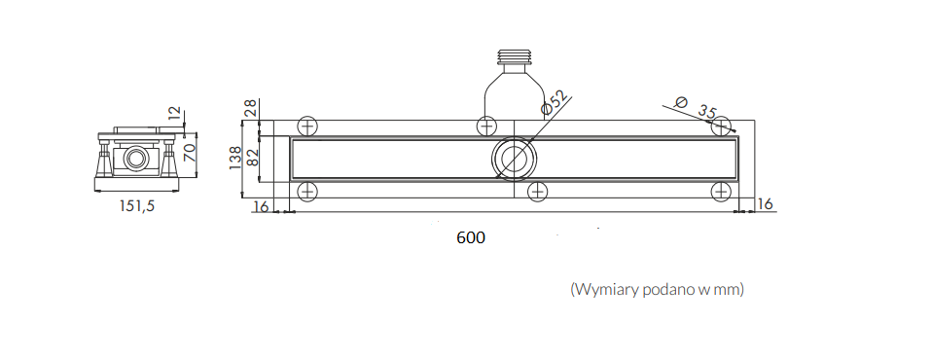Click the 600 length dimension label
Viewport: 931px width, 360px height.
click(x=471, y=237)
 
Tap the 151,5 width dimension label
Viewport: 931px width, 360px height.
click(x=137, y=205)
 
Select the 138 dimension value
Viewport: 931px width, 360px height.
click(x=235, y=158)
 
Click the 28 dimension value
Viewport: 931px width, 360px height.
click(x=251, y=108)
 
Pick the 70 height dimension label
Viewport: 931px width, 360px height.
click(x=190, y=152)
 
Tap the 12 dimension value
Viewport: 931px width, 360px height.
click(x=174, y=113)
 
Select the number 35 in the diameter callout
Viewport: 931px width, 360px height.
click(x=706, y=112)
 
